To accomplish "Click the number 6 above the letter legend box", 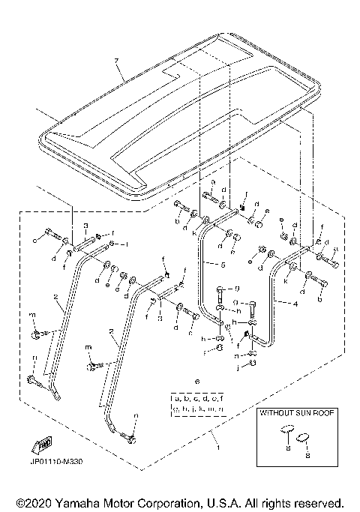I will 198,382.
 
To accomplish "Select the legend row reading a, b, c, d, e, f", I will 198,397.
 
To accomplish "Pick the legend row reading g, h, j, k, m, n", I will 198,409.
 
